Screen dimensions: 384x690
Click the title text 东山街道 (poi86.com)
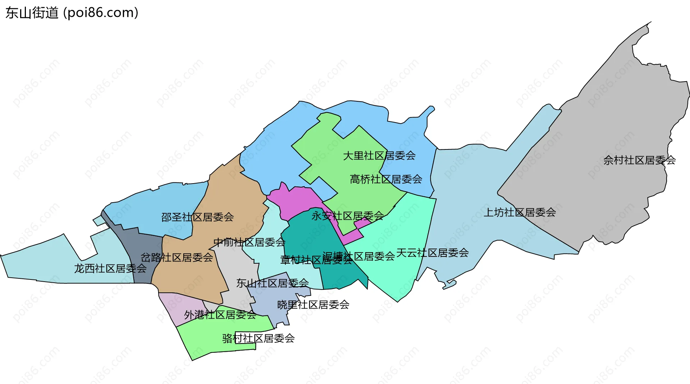tap(72, 13)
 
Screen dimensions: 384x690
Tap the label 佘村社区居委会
tap(639, 160)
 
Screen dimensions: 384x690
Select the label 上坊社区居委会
tap(520, 213)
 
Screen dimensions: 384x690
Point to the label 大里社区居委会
tap(379, 156)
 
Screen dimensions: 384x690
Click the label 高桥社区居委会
tap(386, 179)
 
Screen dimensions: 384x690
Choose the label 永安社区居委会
tap(348, 216)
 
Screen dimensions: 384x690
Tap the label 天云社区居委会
tap(432, 253)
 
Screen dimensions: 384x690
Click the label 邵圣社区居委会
tap(197, 217)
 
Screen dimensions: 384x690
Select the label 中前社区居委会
tap(249, 242)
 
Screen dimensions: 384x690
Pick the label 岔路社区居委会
tap(176, 258)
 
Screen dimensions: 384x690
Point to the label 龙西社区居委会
tap(110, 269)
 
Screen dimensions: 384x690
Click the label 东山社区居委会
tap(272, 283)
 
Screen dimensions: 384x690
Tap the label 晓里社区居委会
tap(313, 305)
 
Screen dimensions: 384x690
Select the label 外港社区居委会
tap(220, 315)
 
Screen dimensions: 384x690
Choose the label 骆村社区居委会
tap(258, 338)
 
